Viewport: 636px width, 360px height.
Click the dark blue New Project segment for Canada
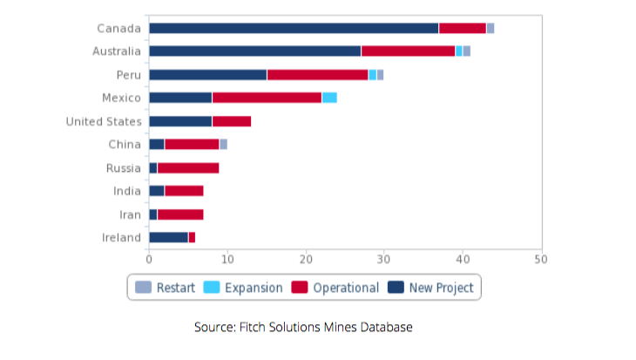click(x=294, y=29)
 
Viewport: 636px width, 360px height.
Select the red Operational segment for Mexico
click(x=267, y=98)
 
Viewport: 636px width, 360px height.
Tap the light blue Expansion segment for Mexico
click(x=329, y=98)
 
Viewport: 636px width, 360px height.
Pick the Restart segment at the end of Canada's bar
click(x=491, y=29)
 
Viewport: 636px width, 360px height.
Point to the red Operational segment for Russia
click(x=188, y=167)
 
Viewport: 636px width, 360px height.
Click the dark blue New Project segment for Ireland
click(x=168, y=237)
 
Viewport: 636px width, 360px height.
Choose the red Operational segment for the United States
click(x=232, y=121)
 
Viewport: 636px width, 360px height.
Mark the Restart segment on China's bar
click(x=223, y=144)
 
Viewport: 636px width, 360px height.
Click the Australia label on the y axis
click(x=117, y=51)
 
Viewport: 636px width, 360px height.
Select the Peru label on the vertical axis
click(x=129, y=75)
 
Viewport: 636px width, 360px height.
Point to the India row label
click(x=126, y=191)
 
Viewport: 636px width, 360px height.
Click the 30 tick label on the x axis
click(x=384, y=259)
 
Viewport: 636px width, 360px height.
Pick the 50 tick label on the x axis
click(x=541, y=259)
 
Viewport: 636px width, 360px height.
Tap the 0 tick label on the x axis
click(x=149, y=259)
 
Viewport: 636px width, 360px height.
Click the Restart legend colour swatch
click(x=144, y=288)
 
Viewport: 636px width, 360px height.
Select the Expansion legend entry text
click(x=254, y=288)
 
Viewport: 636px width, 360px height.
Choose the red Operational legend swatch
click(x=300, y=288)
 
